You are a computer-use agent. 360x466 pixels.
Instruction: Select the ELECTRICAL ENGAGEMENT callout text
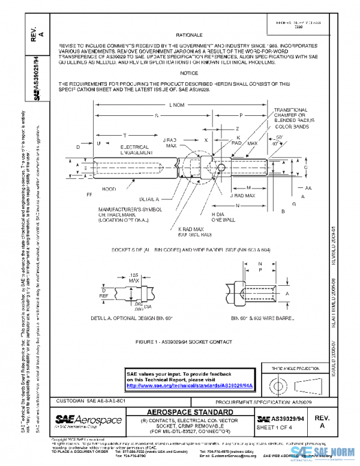pos(134,150)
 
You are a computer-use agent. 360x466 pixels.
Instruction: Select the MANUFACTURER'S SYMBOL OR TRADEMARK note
pos(123,214)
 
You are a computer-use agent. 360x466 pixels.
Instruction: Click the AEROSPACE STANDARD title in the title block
pos(190,412)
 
